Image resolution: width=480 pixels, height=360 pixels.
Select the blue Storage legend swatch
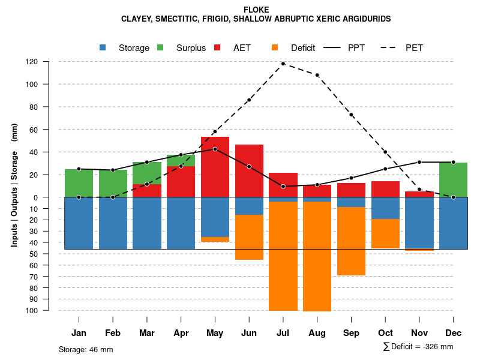pyautogui.click(x=103, y=48)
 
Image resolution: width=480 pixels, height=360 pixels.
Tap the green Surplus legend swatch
pyautogui.click(x=160, y=48)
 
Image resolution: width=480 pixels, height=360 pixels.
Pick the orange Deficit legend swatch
pyautogui.click(x=275, y=48)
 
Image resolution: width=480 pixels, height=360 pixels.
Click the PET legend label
pyautogui.click(x=414, y=48)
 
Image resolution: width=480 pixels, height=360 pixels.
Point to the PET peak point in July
pyautogui.click(x=283, y=64)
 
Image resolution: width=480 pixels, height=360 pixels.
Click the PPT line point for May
pyautogui.click(x=215, y=149)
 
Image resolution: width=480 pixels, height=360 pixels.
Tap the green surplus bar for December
pyautogui.click(x=453, y=179)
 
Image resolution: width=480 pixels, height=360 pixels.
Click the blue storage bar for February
pyautogui.click(x=113, y=223)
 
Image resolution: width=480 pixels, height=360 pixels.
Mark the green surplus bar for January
pyautogui.click(x=79, y=183)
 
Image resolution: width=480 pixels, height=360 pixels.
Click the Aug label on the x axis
pyautogui.click(x=317, y=333)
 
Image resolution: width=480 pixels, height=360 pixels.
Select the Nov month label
pyautogui.click(x=419, y=333)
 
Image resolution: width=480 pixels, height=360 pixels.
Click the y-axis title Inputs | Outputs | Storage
pyautogui.click(x=14, y=185)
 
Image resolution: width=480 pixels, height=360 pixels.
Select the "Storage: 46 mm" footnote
pyautogui.click(x=86, y=349)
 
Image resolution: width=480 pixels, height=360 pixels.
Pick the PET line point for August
pyautogui.click(x=317, y=75)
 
